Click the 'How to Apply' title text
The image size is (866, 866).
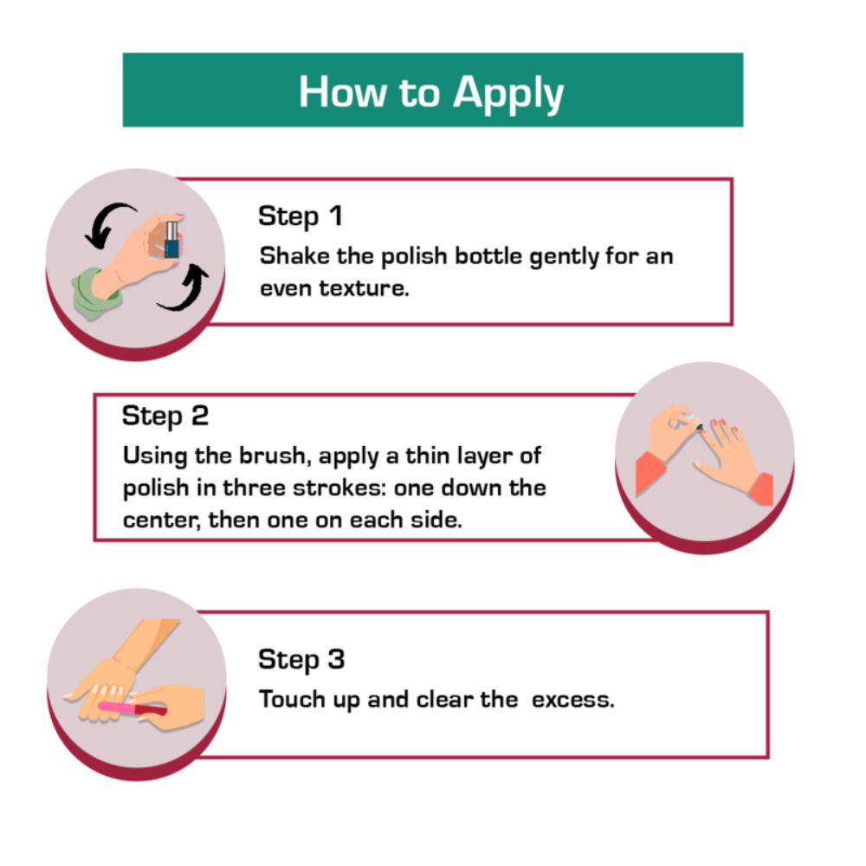430,93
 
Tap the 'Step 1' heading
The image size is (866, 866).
301,216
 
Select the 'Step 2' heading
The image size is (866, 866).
165,416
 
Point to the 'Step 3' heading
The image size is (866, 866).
301,659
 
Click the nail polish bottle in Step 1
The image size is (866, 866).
171,240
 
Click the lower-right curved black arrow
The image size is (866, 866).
186,288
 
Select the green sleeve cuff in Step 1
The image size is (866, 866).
94,294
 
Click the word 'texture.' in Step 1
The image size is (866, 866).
364,288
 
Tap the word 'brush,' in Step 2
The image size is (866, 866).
272,456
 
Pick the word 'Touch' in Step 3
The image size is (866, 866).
292,699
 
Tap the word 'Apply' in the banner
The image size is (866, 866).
508,94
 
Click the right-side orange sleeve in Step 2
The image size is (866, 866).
761,488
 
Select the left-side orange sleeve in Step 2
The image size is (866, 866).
650,473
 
